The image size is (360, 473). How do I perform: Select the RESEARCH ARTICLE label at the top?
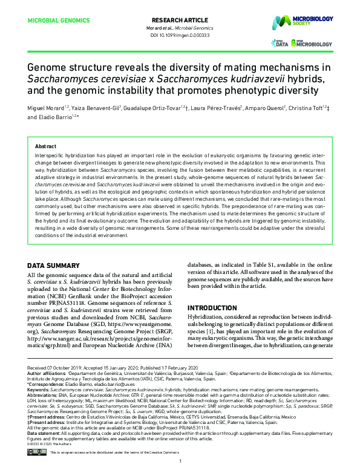(180, 20)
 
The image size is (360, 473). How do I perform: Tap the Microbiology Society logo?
(310, 22)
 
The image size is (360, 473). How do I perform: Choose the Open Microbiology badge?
(315, 44)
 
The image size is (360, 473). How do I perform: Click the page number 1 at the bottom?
(180, 462)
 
